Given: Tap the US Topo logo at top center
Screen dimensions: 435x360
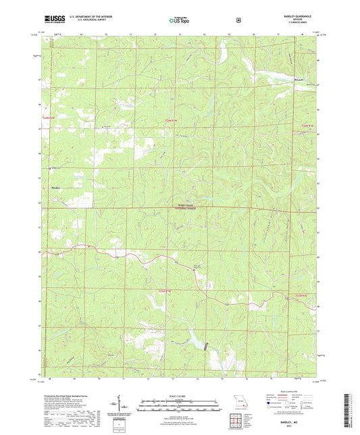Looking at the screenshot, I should (x=180, y=20).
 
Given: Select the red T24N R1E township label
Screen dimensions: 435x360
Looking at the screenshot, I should (x=307, y=126).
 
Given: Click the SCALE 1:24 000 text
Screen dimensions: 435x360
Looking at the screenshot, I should (x=180, y=396).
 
